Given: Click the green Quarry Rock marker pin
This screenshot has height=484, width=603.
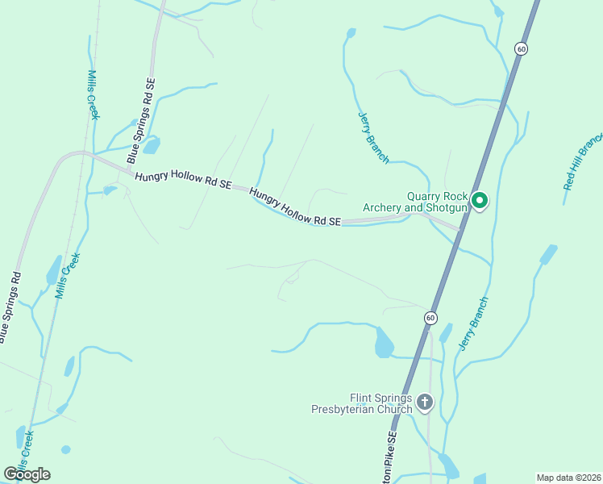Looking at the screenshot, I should [480, 200].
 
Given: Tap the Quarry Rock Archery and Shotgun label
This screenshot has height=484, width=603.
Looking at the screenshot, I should [415, 202].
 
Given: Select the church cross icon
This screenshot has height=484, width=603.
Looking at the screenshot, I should [425, 402].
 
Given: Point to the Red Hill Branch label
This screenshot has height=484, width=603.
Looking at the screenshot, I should [582, 161].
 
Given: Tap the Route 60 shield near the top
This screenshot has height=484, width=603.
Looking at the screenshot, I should [522, 48].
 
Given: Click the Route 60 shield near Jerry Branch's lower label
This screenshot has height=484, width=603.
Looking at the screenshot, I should [431, 318].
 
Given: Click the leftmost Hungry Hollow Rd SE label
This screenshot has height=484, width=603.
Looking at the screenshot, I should [183, 180].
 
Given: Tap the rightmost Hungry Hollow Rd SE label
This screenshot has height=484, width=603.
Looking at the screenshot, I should [295, 207].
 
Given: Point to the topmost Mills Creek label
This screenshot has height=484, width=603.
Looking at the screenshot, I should [94, 94].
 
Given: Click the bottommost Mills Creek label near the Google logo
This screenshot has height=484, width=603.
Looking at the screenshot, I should [25, 452].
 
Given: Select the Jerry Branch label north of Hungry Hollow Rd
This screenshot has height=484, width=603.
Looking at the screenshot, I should [372, 138].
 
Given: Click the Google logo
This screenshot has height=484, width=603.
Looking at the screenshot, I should [27, 474].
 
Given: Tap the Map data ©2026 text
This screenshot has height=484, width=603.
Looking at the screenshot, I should [568, 478].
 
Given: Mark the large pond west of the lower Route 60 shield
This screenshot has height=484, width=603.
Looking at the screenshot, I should [384, 344].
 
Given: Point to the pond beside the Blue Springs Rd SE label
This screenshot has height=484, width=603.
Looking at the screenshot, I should [150, 144].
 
